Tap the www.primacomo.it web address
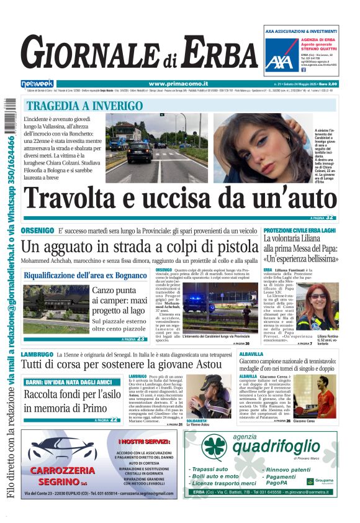point(174,84)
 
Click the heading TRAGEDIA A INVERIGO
point(84,106)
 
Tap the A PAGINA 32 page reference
point(322,217)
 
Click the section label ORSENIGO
point(37,231)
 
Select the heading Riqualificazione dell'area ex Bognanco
point(86,275)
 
